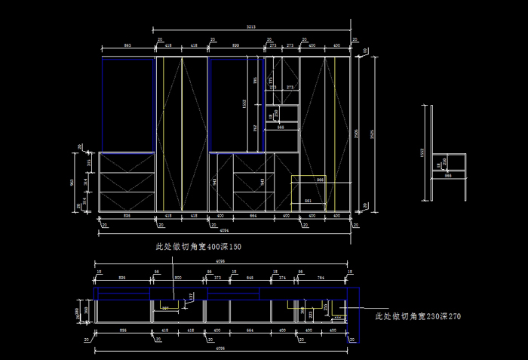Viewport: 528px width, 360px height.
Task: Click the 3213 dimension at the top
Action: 250,26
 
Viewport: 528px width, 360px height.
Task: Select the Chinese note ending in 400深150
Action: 198,247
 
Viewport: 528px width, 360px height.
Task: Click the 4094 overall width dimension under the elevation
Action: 226,229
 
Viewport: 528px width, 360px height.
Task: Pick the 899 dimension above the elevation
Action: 236,45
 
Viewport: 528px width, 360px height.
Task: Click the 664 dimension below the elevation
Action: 253,216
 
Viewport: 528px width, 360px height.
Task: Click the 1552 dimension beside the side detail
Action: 422,152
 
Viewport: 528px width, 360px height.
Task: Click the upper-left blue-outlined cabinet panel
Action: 127,104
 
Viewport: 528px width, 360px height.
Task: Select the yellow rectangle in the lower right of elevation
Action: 312,192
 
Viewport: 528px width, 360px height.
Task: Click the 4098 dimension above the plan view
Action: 220,261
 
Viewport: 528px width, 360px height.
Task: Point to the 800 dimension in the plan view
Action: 178,278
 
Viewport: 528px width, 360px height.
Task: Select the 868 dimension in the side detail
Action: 447,176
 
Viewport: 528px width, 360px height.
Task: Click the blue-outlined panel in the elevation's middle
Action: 228,104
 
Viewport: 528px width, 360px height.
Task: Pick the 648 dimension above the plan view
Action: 250,278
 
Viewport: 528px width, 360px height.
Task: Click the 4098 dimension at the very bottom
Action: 220,349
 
